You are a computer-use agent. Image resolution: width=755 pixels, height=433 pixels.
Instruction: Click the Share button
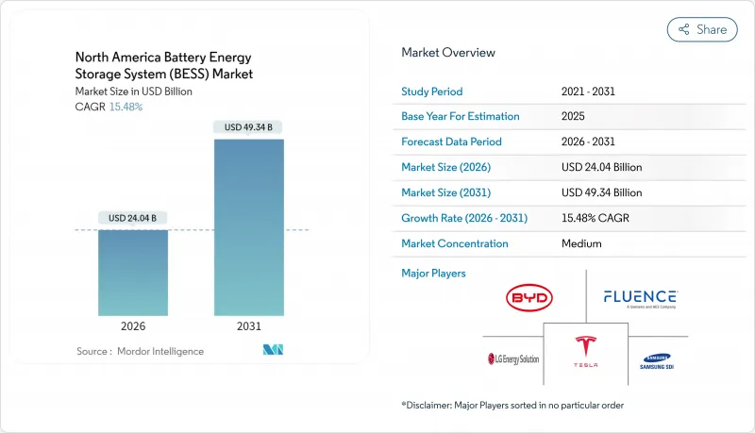point(702,29)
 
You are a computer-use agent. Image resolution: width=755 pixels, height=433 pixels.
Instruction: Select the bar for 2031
point(249,227)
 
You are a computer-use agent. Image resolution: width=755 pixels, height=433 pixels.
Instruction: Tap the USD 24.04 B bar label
point(133,218)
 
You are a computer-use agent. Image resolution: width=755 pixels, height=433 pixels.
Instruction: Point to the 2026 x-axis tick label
point(133,325)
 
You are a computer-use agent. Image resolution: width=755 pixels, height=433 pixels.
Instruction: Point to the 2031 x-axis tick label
point(249,325)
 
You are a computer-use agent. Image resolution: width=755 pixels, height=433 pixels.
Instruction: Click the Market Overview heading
point(447,53)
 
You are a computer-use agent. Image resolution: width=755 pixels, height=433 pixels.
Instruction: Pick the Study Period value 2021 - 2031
point(588,91)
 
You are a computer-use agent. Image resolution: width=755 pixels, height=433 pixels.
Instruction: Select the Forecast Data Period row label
point(451,142)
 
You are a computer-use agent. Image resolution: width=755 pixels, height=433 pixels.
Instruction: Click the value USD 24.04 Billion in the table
point(600,167)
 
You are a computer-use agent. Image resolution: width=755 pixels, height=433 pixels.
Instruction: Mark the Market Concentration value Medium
point(580,243)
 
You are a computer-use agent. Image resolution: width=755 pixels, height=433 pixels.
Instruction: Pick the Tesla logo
point(585,351)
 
